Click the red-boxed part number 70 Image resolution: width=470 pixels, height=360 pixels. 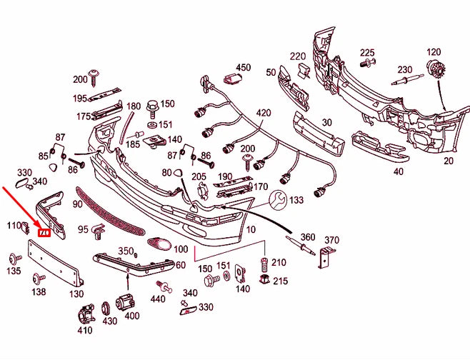pos(45,232)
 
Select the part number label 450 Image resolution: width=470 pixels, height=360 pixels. pos(244,68)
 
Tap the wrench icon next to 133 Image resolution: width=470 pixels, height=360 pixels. pos(279,199)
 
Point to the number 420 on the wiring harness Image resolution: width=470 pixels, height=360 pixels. pos(264,113)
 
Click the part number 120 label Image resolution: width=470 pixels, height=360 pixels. pos(434,52)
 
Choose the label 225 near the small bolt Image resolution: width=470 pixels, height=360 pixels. pos(367,53)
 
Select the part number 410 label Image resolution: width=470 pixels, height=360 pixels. pos(85,331)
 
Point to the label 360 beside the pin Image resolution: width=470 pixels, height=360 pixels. pos(307,237)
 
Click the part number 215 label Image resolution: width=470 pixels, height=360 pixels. pos(280,281)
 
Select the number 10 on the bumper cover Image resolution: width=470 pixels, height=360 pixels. pos(250,230)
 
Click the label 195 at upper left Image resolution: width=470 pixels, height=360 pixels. pos(79,99)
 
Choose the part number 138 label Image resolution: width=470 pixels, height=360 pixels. pos(39,291)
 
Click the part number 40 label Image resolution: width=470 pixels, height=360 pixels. pos(398,171)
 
